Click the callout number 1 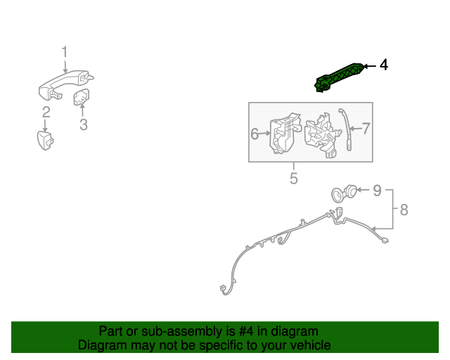tap(64, 52)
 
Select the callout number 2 tap(46, 112)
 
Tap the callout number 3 tap(83, 125)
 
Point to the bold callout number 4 tap(383, 65)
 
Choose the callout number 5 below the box tap(294, 179)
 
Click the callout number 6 tap(255, 133)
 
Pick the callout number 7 tap(366, 129)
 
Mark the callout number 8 tap(403, 209)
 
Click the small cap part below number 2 tap(46, 139)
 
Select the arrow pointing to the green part tap(370, 65)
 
